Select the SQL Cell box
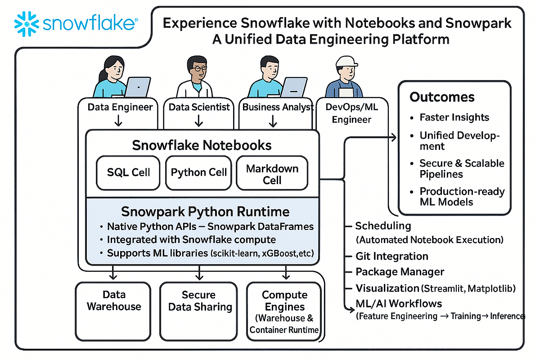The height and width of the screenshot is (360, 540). tap(128, 172)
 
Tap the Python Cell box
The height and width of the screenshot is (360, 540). tap(198, 172)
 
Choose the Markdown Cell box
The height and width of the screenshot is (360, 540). tap(272, 174)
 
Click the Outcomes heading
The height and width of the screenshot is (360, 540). tap(442, 97)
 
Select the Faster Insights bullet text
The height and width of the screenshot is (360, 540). tap(454, 117)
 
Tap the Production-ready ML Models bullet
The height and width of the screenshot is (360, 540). tap(462, 197)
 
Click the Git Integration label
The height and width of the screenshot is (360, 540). tap(391, 256)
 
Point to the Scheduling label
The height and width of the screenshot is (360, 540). tap(383, 226)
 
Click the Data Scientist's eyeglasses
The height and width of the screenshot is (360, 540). tap(198, 69)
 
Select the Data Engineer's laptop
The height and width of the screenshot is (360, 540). tap(137, 86)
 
